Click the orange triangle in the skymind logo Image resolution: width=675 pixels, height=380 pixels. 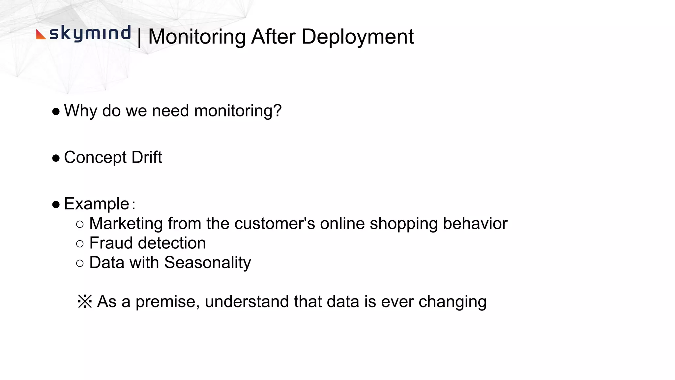click(x=40, y=35)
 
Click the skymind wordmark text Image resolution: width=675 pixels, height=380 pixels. click(x=90, y=33)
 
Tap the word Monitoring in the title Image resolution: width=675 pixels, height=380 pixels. click(x=197, y=37)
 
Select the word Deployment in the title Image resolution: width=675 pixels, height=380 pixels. click(x=357, y=37)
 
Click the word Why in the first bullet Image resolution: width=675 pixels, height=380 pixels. click(x=80, y=111)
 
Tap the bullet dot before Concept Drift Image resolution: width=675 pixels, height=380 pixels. click(x=56, y=158)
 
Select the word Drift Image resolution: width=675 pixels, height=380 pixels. click(x=147, y=157)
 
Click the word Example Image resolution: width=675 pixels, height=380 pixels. click(x=96, y=204)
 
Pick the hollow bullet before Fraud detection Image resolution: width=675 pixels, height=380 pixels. click(x=80, y=244)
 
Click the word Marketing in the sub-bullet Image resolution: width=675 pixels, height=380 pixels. click(x=126, y=223)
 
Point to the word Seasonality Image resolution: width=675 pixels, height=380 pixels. click(x=207, y=263)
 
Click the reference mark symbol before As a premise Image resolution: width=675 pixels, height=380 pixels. click(x=85, y=301)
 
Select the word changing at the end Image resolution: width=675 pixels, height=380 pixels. click(x=452, y=301)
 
